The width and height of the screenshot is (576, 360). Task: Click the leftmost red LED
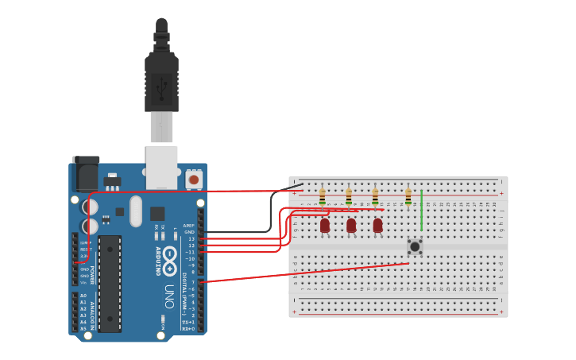[x=325, y=226]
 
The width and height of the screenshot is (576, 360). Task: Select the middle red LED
[x=351, y=226]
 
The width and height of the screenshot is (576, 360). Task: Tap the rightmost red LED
[x=377, y=226]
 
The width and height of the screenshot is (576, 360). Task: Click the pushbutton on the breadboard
[x=415, y=246]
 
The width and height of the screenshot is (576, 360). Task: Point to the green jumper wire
[x=421, y=211]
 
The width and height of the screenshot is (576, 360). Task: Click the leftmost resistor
[x=322, y=196]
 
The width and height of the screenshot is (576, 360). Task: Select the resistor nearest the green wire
[x=408, y=196]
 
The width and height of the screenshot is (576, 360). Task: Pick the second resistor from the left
[x=349, y=196]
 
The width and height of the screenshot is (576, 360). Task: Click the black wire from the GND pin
[x=246, y=231]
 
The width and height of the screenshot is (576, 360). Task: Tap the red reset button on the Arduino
[x=194, y=180]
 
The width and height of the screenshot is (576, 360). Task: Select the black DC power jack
[x=86, y=173]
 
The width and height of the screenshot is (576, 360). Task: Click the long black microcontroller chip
[x=110, y=283]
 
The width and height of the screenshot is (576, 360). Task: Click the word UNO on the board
[x=169, y=291]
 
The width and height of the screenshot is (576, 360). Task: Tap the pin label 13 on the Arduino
[x=191, y=238]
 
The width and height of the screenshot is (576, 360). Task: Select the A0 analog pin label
[x=83, y=296]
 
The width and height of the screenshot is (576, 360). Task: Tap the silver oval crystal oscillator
[x=136, y=211]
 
